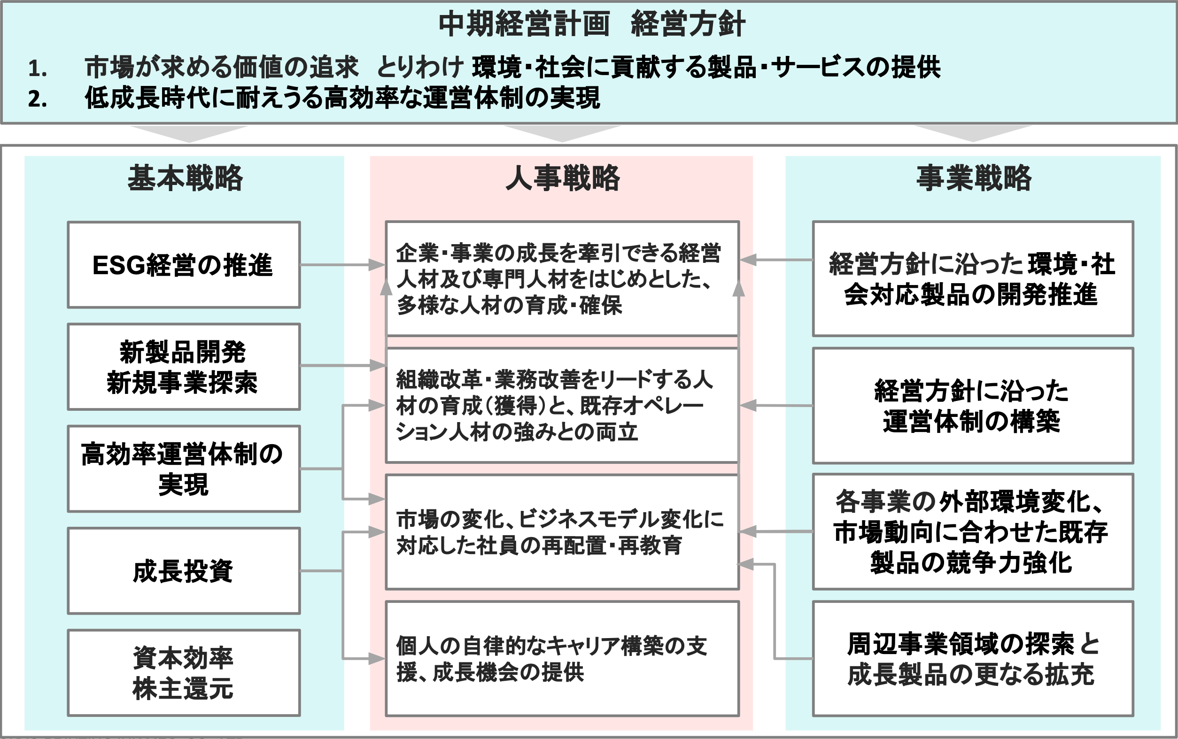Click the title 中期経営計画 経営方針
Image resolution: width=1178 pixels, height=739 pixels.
point(591,24)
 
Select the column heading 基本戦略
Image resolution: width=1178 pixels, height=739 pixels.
point(185,177)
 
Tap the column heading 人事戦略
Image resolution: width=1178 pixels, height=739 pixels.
point(563,177)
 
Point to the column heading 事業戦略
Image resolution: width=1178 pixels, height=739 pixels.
point(974,177)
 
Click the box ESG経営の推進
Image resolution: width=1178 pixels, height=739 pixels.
point(184,265)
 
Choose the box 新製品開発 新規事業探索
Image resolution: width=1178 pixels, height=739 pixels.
point(184,367)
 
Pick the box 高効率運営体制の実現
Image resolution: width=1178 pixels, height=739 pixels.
point(184,469)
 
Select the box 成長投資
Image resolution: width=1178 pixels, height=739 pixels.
point(184,571)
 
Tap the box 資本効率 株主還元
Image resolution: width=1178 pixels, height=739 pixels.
point(184,673)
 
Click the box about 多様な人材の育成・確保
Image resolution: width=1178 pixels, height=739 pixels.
point(562,278)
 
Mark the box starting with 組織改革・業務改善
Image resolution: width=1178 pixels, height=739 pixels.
point(562,406)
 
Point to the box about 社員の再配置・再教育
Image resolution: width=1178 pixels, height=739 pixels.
point(562,532)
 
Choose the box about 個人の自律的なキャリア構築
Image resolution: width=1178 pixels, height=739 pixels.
point(562,659)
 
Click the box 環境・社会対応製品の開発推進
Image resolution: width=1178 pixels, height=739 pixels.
point(973,278)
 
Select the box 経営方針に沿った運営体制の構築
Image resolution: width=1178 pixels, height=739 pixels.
point(973,406)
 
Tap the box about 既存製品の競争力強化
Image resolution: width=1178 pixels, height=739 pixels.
point(973,532)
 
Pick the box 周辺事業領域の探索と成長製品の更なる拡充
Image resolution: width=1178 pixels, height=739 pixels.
point(973,659)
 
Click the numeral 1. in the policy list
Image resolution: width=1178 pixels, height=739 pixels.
point(38,69)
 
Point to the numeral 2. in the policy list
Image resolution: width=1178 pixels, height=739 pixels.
point(38,99)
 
